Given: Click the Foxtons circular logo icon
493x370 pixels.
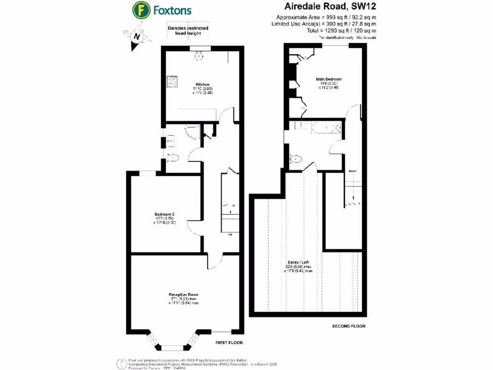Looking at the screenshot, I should [140, 10].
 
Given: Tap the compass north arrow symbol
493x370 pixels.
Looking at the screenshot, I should [138, 37].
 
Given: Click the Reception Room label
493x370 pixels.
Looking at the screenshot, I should [183, 294].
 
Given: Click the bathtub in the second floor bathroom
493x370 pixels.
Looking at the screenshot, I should [326, 128].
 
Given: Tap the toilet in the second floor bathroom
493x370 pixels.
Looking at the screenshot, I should [296, 159].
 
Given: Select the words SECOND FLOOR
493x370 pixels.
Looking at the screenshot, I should [349, 326].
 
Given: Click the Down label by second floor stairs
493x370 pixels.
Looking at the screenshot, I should [352, 171].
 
